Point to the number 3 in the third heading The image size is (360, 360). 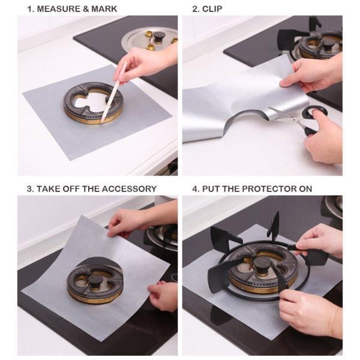click(29, 188)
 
